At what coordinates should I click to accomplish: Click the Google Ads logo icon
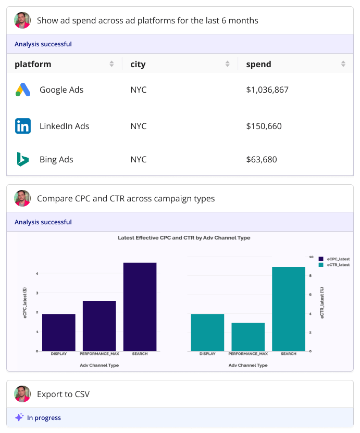tap(23, 90)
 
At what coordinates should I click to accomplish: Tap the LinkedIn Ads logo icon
tap(23, 126)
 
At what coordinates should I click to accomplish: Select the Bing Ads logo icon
tap(22, 159)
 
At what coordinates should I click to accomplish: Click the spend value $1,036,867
tap(267, 90)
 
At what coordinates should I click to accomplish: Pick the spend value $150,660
tap(264, 126)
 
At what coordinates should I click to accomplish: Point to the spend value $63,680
tap(262, 159)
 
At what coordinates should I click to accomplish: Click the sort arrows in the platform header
tap(111, 64)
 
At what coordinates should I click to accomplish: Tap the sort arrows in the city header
tap(227, 64)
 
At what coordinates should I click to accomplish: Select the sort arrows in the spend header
tap(343, 64)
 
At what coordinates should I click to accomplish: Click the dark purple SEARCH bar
tap(140, 307)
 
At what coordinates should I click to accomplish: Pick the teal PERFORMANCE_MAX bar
tap(248, 337)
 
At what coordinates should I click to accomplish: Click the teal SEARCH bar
tap(289, 309)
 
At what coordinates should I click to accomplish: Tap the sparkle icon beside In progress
tap(19, 417)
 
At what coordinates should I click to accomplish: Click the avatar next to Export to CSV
tap(22, 394)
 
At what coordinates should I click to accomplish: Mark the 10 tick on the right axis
tap(311, 257)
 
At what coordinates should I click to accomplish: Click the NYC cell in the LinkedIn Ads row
tap(139, 126)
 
